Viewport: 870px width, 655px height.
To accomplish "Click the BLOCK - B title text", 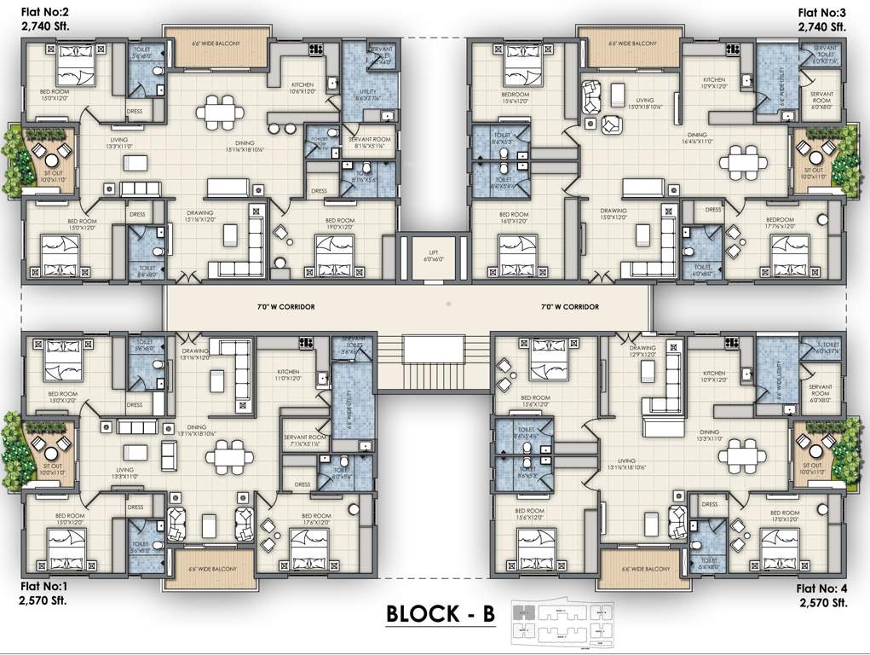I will [440, 614].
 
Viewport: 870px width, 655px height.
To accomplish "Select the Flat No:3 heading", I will [821, 12].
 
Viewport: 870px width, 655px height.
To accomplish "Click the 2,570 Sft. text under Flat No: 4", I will [822, 602].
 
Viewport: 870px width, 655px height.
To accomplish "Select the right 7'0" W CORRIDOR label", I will [569, 306].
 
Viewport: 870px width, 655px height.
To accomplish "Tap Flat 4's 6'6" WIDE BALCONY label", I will [645, 569].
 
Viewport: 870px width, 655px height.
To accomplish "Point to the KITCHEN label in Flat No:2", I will [303, 85].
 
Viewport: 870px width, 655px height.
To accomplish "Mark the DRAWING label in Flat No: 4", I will [642, 348].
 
